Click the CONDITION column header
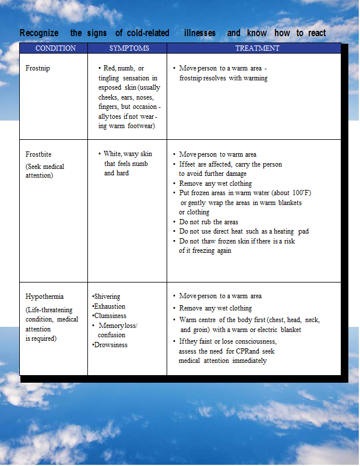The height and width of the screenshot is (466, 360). (x=55, y=48)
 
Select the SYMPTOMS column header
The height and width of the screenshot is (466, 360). (x=129, y=48)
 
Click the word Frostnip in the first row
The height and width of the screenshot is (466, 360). (x=38, y=69)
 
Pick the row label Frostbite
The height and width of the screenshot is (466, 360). (x=38, y=154)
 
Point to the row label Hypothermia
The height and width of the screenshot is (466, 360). (x=45, y=296)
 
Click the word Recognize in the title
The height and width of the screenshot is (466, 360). (x=41, y=33)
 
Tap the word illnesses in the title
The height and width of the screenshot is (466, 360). (x=200, y=33)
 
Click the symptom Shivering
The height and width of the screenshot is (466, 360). (x=107, y=297)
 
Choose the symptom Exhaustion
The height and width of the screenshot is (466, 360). (x=109, y=306)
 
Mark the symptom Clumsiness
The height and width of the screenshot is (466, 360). (x=109, y=316)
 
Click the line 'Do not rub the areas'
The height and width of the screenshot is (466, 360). (x=209, y=222)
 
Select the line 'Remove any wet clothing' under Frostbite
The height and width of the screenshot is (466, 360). (x=216, y=183)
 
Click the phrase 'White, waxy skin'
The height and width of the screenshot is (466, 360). (x=128, y=154)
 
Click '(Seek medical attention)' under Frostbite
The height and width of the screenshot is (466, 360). (x=44, y=171)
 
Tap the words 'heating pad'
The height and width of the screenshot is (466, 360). (x=291, y=232)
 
